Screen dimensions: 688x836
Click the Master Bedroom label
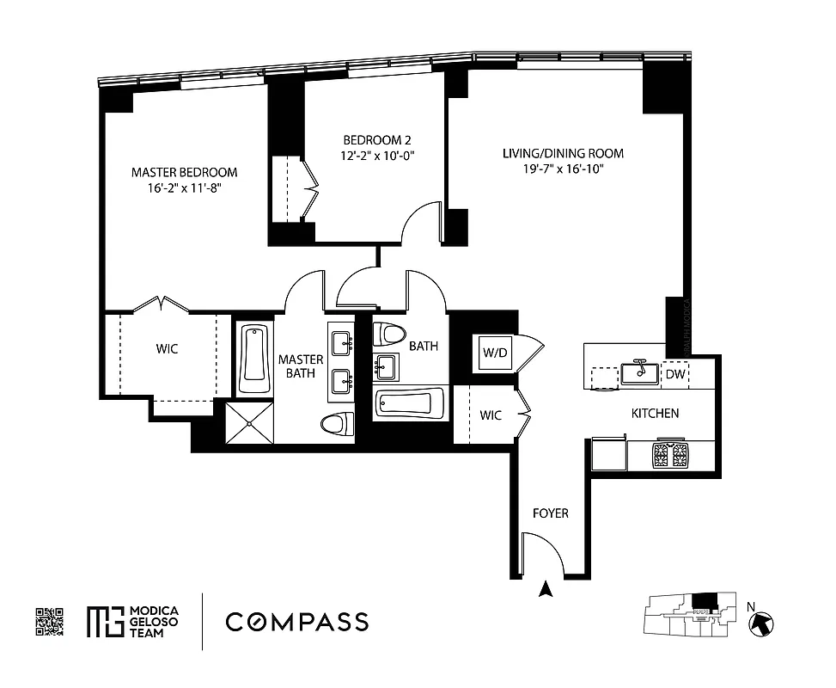(x=184, y=172)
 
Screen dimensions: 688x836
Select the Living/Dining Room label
(x=563, y=153)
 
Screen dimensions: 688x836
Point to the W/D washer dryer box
(x=494, y=353)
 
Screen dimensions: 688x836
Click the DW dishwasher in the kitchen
(x=674, y=374)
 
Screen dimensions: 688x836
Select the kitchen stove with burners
(x=670, y=454)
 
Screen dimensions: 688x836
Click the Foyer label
(x=550, y=513)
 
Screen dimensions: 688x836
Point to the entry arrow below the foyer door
(x=544, y=590)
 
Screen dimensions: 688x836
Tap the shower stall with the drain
(x=249, y=421)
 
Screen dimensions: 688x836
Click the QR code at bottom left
(x=50, y=622)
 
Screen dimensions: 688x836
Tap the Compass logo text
(x=297, y=622)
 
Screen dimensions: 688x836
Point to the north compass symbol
(x=761, y=623)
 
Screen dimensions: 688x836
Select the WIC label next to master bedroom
(x=168, y=349)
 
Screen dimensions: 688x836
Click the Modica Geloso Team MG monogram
(x=104, y=622)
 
